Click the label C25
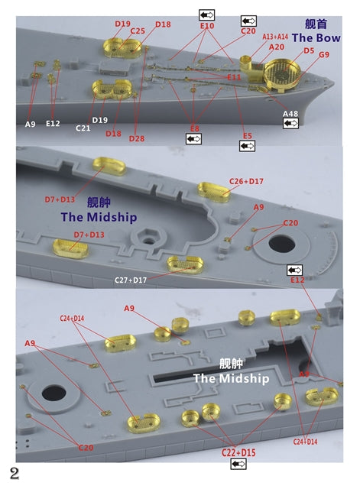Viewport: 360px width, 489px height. click(137, 31)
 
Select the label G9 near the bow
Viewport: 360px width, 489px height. click(324, 55)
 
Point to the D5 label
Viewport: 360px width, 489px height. click(309, 50)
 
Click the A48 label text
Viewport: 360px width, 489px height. click(290, 114)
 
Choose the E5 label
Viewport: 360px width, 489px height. click(248, 135)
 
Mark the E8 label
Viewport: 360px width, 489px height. click(194, 128)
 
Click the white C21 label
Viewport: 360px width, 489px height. click(83, 127)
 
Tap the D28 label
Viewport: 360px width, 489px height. click(136, 138)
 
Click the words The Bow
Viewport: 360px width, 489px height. click(315, 38)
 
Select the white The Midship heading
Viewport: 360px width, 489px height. click(231, 378)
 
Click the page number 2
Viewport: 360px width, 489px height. click(14, 474)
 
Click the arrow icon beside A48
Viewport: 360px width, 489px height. click(290, 124)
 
